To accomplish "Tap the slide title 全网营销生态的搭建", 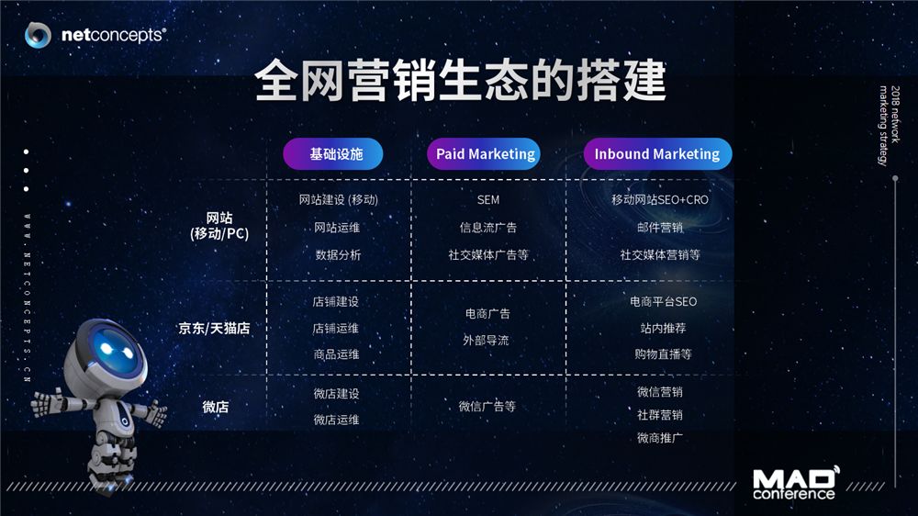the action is point(460,80).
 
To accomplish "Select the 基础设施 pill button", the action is point(333,154).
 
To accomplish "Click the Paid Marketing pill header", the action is point(484,154).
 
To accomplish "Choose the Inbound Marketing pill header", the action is point(657,154).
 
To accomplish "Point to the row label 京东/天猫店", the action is point(214,328).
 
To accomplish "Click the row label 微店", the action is point(215,407).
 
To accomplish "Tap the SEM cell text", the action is point(488,200).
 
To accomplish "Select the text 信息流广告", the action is point(487,228).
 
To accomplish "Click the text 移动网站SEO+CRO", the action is point(660,200).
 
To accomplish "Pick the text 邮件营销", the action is point(660,228).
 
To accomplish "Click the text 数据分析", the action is point(338,254).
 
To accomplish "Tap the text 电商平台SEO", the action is point(664,302).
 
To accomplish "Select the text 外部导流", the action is point(486,341).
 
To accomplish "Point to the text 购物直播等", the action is point(664,354).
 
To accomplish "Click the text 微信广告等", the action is point(487,407).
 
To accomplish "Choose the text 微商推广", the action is point(660,438).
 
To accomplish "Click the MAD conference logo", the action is point(796,483).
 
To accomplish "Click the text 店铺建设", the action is point(335,302).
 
